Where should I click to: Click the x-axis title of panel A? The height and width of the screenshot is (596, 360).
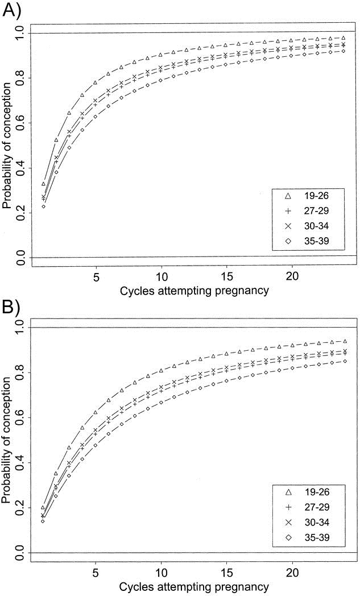coord(194,292)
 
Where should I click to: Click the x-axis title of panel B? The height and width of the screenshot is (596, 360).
coord(194,586)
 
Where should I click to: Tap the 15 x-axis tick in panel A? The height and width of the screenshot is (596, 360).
coord(227,277)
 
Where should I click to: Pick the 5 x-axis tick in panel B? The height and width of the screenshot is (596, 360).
coord(96,572)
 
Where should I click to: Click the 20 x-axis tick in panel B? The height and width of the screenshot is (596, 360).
coord(292,572)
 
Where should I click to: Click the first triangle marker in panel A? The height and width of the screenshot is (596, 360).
coord(43,184)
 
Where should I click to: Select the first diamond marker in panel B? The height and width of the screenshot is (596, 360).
coord(43,521)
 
